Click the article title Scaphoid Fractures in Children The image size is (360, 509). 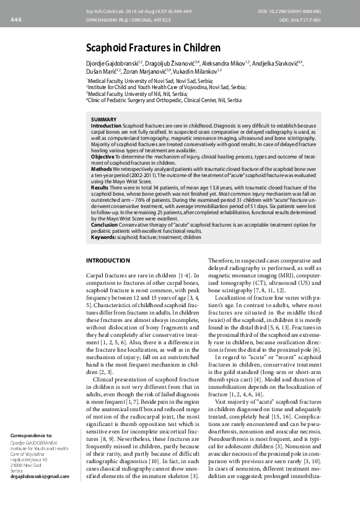click(x=152, y=47)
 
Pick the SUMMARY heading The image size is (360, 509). click(x=104, y=119)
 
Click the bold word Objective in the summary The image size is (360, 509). click(x=103, y=157)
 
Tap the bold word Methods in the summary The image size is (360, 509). click(x=102, y=169)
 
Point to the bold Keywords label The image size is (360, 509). click(x=105, y=237)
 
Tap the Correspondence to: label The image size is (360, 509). click(x=32, y=435)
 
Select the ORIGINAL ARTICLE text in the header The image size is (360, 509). click(x=139, y=20)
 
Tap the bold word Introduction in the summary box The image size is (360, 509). click(x=107, y=125)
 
